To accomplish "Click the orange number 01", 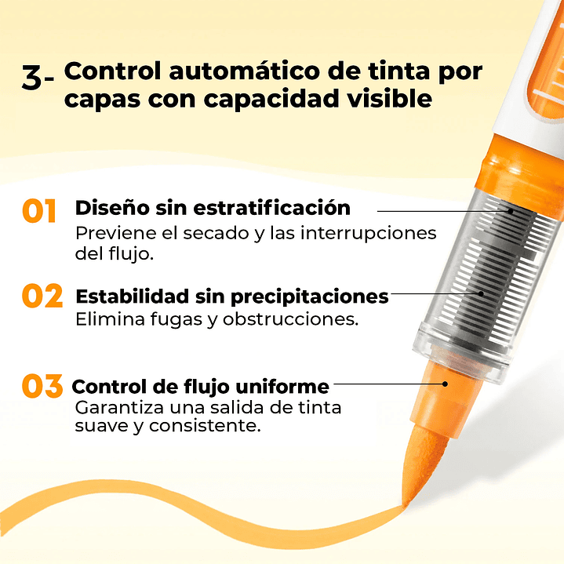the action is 39,211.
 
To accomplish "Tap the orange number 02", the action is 42,296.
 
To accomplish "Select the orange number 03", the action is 42,386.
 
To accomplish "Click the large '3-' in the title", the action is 38,77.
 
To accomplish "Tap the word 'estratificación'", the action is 271,208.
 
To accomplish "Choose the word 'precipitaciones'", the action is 309,297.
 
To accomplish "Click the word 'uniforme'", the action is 282,387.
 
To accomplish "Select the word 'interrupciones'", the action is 368,234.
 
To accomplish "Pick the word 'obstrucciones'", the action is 291,319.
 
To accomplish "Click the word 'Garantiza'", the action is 119,408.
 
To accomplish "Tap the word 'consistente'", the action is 205,426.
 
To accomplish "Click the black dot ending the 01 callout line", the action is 511,211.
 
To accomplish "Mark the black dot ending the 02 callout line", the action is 481,293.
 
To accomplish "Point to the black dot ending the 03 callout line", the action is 445,384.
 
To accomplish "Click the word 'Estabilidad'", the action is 133,297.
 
